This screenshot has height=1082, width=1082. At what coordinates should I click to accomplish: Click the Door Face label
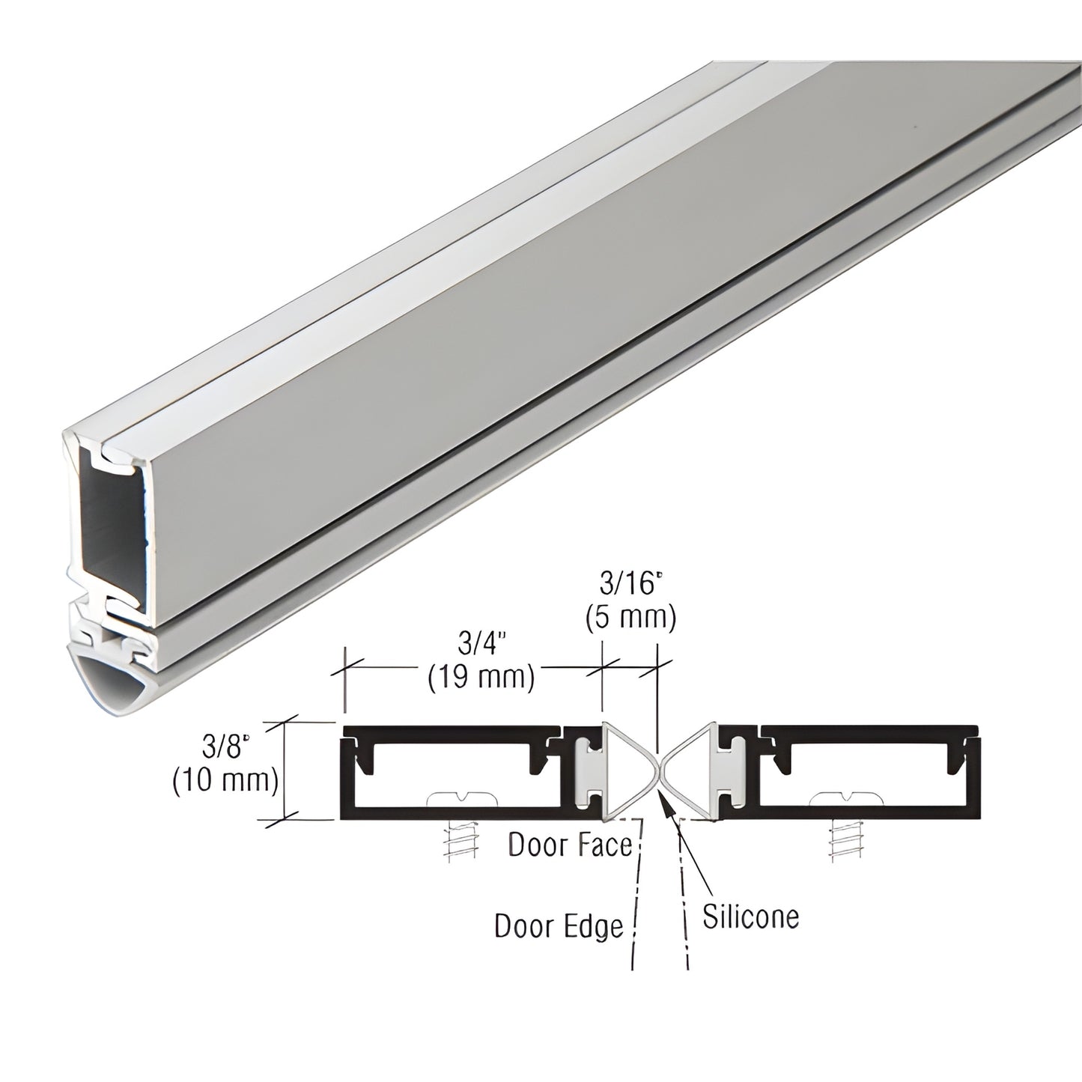click(x=571, y=845)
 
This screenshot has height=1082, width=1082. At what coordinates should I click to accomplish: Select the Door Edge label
click(x=559, y=926)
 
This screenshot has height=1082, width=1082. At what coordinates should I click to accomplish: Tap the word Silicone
click(x=750, y=917)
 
